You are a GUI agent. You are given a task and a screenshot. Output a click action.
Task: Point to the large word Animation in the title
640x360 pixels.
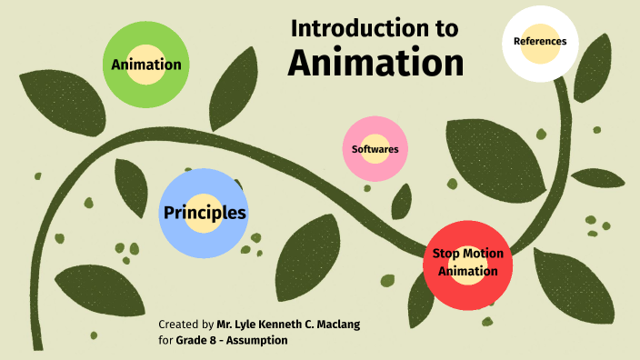[x=375, y=62]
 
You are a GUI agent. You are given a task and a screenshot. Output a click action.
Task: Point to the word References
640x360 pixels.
[x=540, y=41]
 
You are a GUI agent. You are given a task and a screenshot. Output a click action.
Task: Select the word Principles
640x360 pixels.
[x=205, y=214]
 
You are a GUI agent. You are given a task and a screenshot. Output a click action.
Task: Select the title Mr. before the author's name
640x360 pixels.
[x=227, y=324]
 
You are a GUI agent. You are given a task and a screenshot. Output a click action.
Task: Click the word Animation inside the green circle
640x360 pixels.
[x=145, y=65]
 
